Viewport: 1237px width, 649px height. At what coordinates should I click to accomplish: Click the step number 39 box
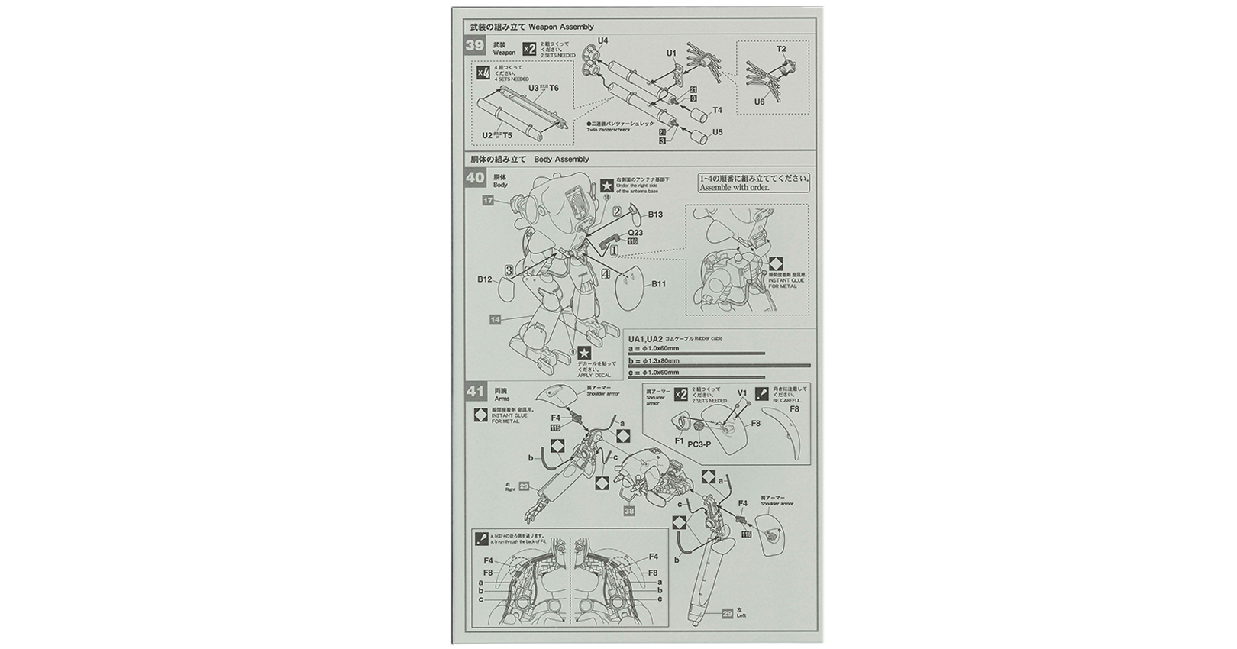click(x=475, y=45)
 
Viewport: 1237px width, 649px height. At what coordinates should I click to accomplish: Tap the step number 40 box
click(x=475, y=178)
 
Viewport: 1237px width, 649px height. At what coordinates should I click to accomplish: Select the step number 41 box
click(x=475, y=392)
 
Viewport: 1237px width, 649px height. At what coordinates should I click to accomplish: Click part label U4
click(x=602, y=40)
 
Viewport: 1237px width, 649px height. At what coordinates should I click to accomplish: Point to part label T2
click(x=781, y=49)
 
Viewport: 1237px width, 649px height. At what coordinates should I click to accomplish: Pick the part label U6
click(x=759, y=102)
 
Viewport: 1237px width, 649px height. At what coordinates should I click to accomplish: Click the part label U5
click(x=716, y=132)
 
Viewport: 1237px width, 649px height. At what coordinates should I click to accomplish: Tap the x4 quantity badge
click(x=482, y=73)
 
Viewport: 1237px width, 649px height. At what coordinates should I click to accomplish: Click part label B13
click(x=655, y=215)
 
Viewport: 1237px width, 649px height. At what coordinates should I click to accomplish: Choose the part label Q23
click(x=635, y=233)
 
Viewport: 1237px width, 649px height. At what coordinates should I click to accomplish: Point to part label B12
click(x=485, y=279)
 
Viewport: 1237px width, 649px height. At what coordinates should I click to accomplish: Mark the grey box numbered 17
click(x=488, y=201)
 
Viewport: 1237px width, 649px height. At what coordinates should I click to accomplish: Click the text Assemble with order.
click(x=734, y=187)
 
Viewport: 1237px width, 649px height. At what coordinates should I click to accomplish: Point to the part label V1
click(x=741, y=393)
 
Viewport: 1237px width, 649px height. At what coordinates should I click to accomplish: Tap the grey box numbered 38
click(x=628, y=511)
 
